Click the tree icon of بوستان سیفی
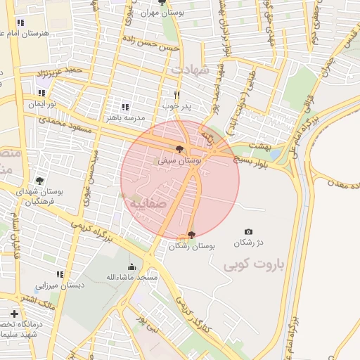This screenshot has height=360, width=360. tap(180, 149)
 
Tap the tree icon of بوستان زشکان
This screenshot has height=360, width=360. tap(191, 235)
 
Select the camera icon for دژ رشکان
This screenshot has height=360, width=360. tap(248, 232)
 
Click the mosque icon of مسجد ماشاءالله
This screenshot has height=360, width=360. tap(131, 266)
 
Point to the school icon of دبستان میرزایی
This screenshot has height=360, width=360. tap(60, 274)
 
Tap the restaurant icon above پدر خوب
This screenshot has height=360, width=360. tap(176, 95)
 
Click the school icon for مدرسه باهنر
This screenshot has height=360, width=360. tap(125, 107)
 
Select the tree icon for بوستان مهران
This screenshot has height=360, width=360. tap(162, 3)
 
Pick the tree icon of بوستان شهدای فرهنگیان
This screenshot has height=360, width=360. tap(39, 181)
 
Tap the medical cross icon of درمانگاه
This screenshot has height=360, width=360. tap(14, 313)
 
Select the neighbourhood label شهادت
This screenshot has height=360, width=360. tap(191, 68)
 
